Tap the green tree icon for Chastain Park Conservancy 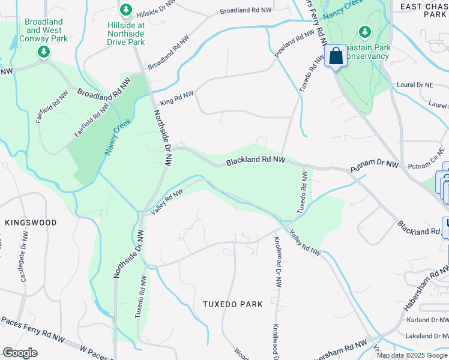[x=364, y=31]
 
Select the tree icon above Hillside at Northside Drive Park [x=126, y=10]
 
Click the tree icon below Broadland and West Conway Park [x=43, y=52]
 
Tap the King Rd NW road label [x=176, y=98]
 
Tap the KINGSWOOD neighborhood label [x=31, y=223]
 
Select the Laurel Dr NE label [x=414, y=85]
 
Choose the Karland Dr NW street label [x=427, y=320]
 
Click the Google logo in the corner [x=20, y=352]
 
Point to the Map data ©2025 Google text [x=412, y=355]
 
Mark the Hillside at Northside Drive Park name [x=126, y=34]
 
